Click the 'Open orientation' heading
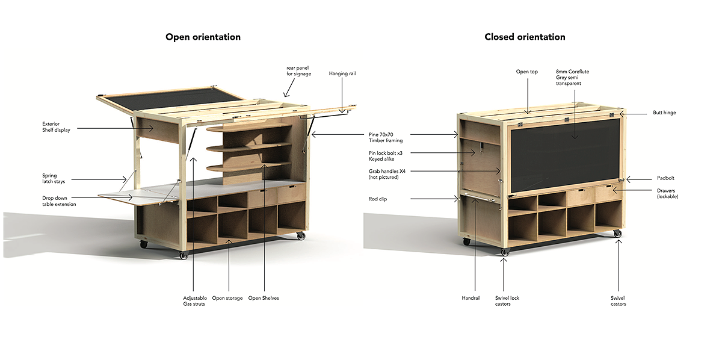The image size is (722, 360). coord(203,37)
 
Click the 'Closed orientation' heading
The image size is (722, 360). coord(525,37)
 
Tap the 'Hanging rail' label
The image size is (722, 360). coord(342,73)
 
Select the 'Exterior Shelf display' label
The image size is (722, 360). coord(55,127)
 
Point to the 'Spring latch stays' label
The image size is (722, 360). coord(54,179)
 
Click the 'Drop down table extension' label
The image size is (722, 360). coord(59,201)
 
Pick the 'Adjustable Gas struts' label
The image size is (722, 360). coord(194,301)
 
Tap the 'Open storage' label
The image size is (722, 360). coord(227,298)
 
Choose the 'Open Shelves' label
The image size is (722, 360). coord(264,298)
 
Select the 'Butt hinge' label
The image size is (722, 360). coord(664,113)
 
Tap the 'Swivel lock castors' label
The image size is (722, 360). coord(507,301)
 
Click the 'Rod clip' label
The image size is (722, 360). coord(378,198)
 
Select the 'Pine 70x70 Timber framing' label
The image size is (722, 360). coord(386,137)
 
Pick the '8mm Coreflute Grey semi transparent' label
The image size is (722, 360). coord(572,77)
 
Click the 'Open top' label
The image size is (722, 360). coord(526,72)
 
